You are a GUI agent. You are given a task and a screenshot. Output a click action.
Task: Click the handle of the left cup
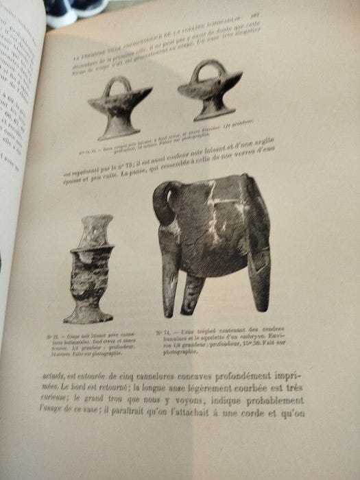(x=118, y=86)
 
